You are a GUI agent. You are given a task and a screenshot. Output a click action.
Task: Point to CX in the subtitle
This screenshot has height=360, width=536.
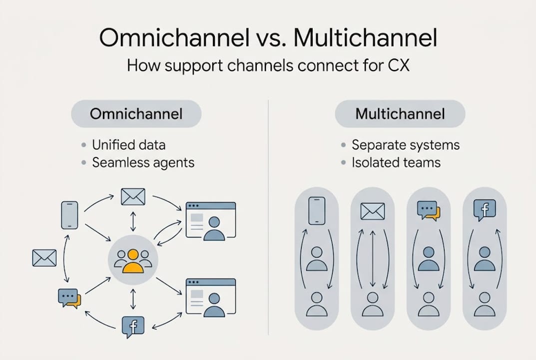[x=398, y=65]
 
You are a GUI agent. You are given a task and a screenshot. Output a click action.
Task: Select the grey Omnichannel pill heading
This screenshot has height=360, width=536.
[x=136, y=114]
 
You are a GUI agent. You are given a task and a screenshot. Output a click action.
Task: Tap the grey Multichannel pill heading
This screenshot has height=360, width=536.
[x=400, y=114]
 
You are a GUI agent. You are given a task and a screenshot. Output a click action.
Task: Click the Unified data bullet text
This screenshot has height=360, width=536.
[x=128, y=145]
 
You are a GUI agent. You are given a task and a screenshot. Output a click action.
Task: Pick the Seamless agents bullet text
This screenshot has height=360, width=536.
[x=143, y=162]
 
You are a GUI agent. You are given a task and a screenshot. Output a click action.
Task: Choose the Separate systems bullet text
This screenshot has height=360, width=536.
[x=405, y=145]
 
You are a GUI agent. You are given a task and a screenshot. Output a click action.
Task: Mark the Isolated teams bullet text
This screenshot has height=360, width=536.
[x=396, y=162]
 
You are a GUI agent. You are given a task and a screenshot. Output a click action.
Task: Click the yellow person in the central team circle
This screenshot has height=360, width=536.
[x=133, y=261]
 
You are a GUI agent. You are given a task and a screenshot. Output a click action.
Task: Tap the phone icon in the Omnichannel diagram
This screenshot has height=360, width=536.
[x=69, y=215]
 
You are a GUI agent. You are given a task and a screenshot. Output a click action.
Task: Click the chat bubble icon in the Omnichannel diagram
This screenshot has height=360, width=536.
[x=69, y=298]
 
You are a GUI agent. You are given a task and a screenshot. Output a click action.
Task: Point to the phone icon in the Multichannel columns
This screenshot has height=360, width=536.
[x=317, y=210]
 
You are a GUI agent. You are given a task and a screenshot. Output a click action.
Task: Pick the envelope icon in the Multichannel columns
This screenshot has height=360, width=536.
[x=372, y=211]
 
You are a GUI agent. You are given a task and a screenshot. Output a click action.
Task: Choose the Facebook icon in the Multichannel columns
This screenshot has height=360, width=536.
[x=484, y=210]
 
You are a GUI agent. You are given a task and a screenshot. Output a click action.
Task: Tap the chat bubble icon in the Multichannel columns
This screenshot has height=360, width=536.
[x=428, y=210]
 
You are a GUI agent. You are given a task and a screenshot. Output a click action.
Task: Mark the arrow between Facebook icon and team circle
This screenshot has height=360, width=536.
[x=133, y=299]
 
